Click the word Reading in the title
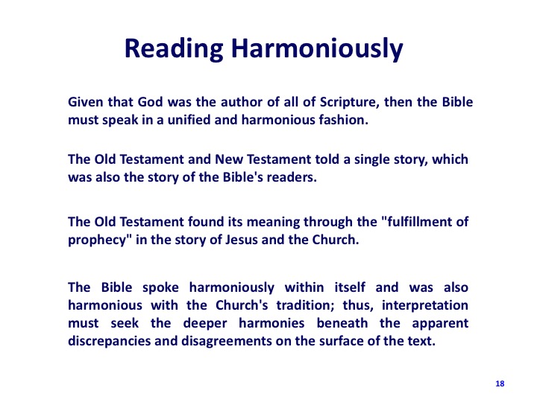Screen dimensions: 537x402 [174, 49]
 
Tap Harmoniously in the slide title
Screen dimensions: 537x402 [317, 49]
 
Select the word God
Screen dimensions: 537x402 [150, 102]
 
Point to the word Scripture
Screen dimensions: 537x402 [349, 103]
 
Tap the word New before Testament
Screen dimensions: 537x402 [228, 159]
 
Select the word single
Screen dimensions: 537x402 [371, 160]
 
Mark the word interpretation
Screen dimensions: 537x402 [425, 306]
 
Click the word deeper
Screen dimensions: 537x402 [205, 324]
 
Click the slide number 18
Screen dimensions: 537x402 [500, 383]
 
